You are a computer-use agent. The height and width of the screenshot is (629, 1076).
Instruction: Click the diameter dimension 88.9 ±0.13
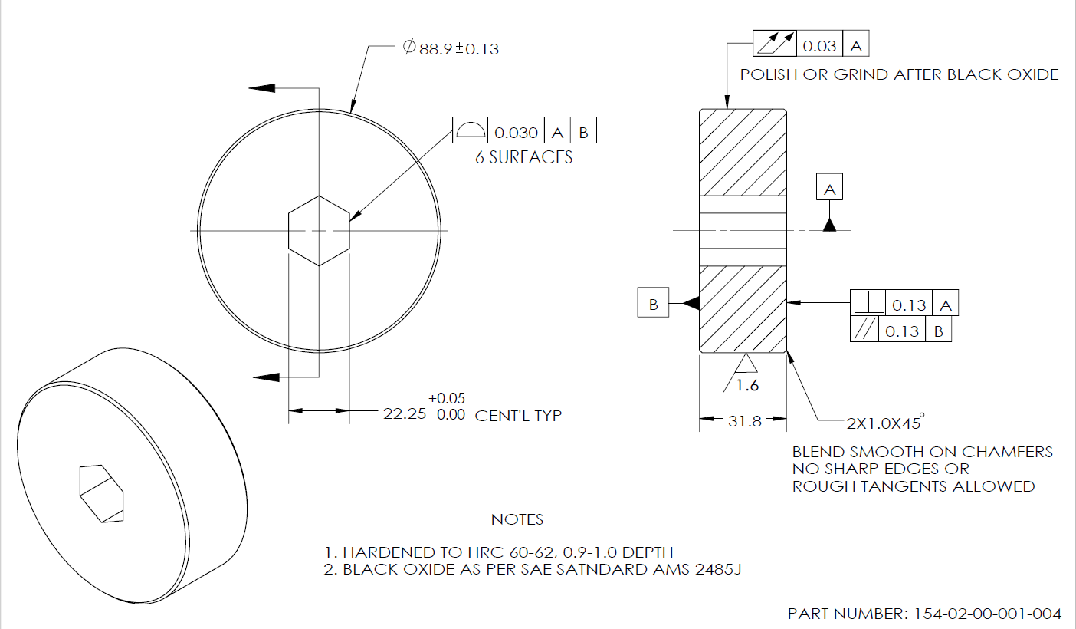452,48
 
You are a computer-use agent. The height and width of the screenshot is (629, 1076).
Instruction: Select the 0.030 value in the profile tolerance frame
516,132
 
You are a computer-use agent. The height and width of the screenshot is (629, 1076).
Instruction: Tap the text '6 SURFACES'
523,158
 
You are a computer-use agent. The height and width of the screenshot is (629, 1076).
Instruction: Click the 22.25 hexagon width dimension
405,415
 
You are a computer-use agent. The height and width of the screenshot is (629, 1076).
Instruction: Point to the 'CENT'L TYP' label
519,416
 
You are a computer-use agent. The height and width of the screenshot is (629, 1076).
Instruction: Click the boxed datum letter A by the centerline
829,188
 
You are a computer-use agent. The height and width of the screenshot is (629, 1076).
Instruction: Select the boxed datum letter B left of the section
653,305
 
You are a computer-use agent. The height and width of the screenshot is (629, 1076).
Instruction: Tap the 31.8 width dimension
743,420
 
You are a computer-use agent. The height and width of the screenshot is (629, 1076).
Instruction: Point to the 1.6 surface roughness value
747,385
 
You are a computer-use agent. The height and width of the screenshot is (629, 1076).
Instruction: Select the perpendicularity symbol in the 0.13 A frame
868,305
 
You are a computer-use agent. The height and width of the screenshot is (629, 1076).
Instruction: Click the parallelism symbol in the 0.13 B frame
865,331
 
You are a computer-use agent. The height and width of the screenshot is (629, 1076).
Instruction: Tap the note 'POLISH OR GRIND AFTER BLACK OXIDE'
899,75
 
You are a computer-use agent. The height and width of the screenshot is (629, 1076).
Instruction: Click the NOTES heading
517,520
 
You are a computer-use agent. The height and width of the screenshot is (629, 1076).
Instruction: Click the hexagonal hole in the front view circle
319,230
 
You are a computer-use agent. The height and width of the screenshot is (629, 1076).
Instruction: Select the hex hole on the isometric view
100,492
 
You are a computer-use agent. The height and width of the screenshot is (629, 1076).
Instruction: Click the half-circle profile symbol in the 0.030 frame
470,131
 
